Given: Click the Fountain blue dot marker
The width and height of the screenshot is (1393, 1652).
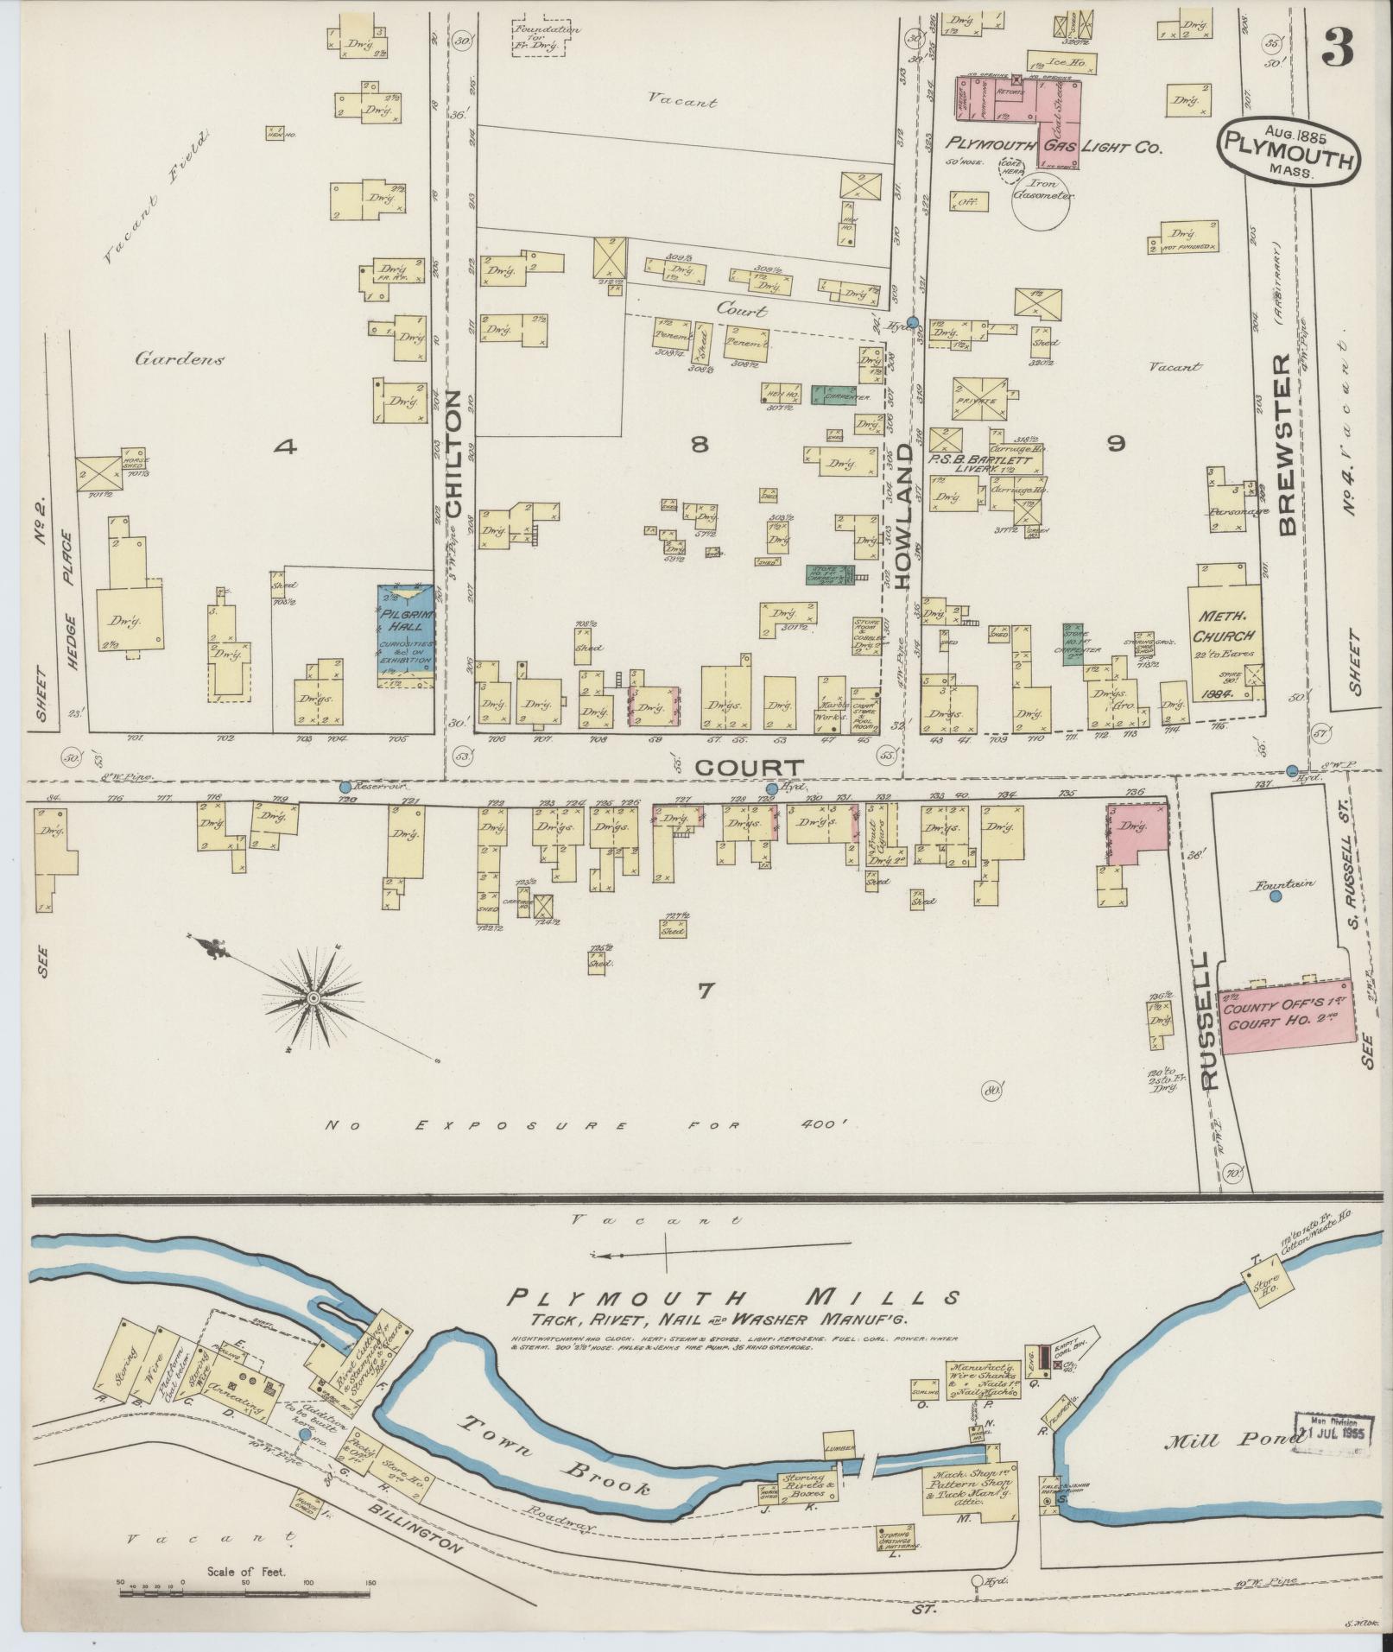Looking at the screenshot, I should (x=1276, y=897).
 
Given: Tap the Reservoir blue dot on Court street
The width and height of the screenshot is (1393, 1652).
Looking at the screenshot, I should (x=345, y=788).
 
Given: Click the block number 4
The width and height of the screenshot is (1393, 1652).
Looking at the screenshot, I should (x=286, y=446).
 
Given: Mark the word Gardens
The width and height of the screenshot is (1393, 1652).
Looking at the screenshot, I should (x=179, y=359).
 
